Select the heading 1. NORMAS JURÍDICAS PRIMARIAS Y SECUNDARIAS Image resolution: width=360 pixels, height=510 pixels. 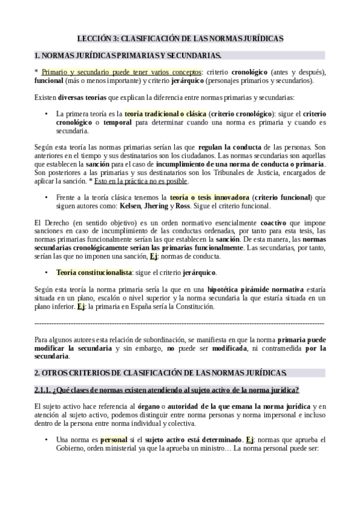coord(128,56)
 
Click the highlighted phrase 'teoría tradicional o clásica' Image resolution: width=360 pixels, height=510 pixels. coord(163,114)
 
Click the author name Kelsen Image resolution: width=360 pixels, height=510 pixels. coord(130,206)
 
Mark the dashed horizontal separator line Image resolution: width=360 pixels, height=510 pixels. coord(180,323)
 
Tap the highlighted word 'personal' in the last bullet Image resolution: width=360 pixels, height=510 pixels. coord(114,440)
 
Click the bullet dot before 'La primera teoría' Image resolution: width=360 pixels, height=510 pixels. coord(47,114)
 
